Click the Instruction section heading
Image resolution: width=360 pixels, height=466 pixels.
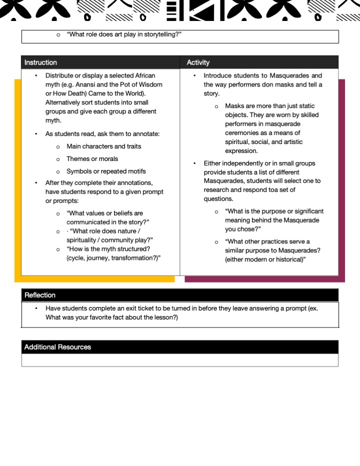point(40,62)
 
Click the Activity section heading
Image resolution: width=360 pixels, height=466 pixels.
point(198,62)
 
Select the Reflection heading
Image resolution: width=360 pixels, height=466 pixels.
point(40,295)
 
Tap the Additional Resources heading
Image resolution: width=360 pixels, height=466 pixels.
point(57,347)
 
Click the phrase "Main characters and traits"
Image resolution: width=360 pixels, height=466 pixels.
point(104,146)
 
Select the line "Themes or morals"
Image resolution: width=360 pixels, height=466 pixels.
point(92,159)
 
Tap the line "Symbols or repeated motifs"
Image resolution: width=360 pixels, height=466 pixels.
point(106,171)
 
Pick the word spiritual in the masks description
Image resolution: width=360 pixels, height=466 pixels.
point(238,142)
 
